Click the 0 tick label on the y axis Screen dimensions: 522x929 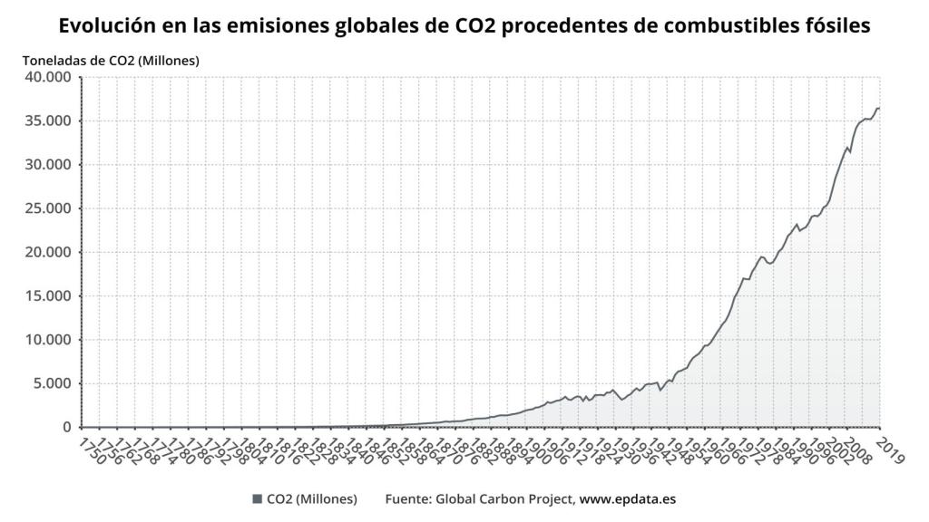[68, 427]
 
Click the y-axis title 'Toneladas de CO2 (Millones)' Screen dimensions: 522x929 [111, 61]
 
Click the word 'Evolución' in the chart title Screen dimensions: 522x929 [105, 26]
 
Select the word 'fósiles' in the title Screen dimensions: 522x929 [836, 26]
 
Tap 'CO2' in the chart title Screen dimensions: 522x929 [472, 26]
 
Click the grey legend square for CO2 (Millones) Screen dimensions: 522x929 [258, 499]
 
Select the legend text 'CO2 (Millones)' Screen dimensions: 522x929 [312, 499]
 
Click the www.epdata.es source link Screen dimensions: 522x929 [628, 499]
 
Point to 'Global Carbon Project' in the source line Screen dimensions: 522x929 [505, 499]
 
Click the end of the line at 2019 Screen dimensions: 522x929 [879, 109]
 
